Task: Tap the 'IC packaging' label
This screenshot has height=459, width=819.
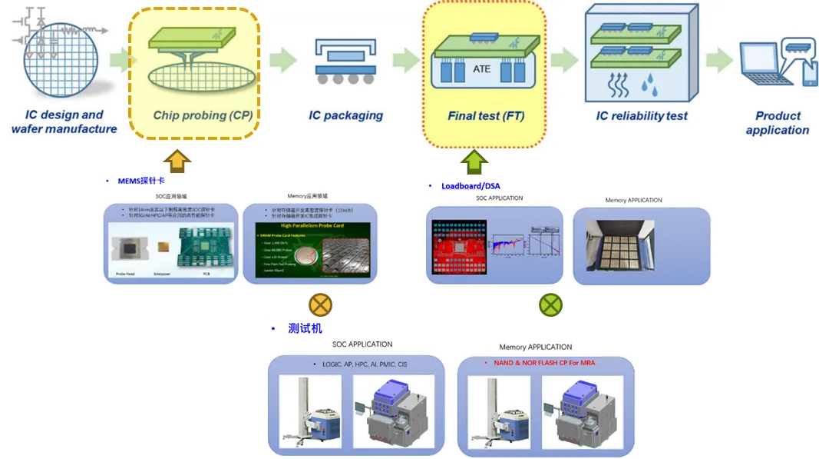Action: (x=345, y=115)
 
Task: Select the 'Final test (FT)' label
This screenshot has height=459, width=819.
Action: (x=485, y=117)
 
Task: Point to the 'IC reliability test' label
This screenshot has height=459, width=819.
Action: (x=642, y=116)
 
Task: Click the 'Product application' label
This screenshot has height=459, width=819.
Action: (x=778, y=123)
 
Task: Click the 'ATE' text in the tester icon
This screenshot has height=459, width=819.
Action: (x=481, y=69)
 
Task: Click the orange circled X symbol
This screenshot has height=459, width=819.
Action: (x=320, y=305)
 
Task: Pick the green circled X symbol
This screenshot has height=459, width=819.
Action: (x=550, y=305)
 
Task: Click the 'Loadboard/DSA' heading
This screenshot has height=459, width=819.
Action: (x=472, y=186)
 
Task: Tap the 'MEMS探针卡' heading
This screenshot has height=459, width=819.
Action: (x=137, y=181)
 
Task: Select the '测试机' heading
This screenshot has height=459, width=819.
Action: (x=305, y=328)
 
